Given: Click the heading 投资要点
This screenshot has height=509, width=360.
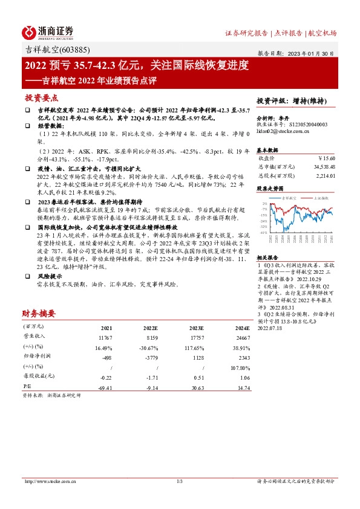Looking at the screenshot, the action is [41, 97].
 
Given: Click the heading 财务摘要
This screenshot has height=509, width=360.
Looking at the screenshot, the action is [39, 314].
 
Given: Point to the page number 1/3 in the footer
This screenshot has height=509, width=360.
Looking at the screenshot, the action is [179, 481].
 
